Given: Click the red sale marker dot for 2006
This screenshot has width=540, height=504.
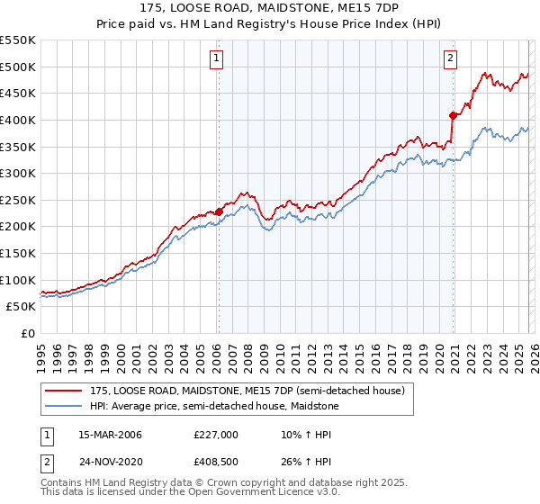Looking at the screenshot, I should [x=219, y=211].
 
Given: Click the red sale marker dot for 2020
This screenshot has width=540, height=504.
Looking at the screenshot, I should [x=453, y=114].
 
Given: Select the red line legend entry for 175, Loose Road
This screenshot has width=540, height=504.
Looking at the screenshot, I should [x=252, y=391].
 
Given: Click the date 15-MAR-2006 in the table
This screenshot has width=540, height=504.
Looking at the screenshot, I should [x=110, y=435].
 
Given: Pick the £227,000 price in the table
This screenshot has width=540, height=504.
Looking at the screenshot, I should [x=216, y=435].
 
